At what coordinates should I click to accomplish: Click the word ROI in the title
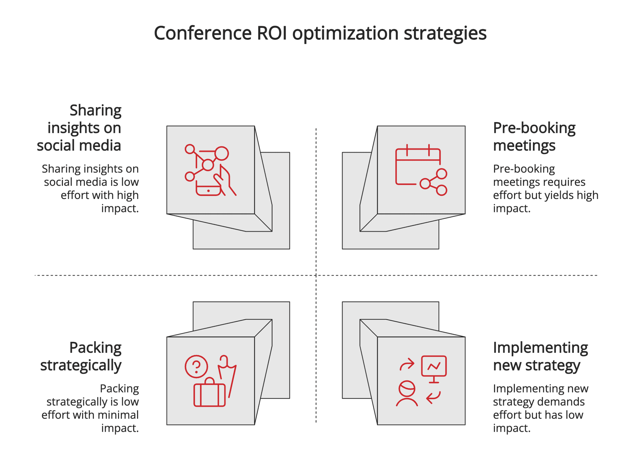[x=272, y=33]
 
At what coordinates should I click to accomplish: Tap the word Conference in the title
[x=203, y=33]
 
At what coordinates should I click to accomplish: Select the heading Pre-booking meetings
[x=534, y=137]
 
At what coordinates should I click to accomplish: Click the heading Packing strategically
[x=81, y=356]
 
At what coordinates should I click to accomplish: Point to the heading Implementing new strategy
[x=540, y=356]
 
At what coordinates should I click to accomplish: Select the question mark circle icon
[x=197, y=367]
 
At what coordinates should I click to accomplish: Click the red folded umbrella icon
[x=227, y=375]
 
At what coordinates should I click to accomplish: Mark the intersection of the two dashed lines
[x=316, y=275]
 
